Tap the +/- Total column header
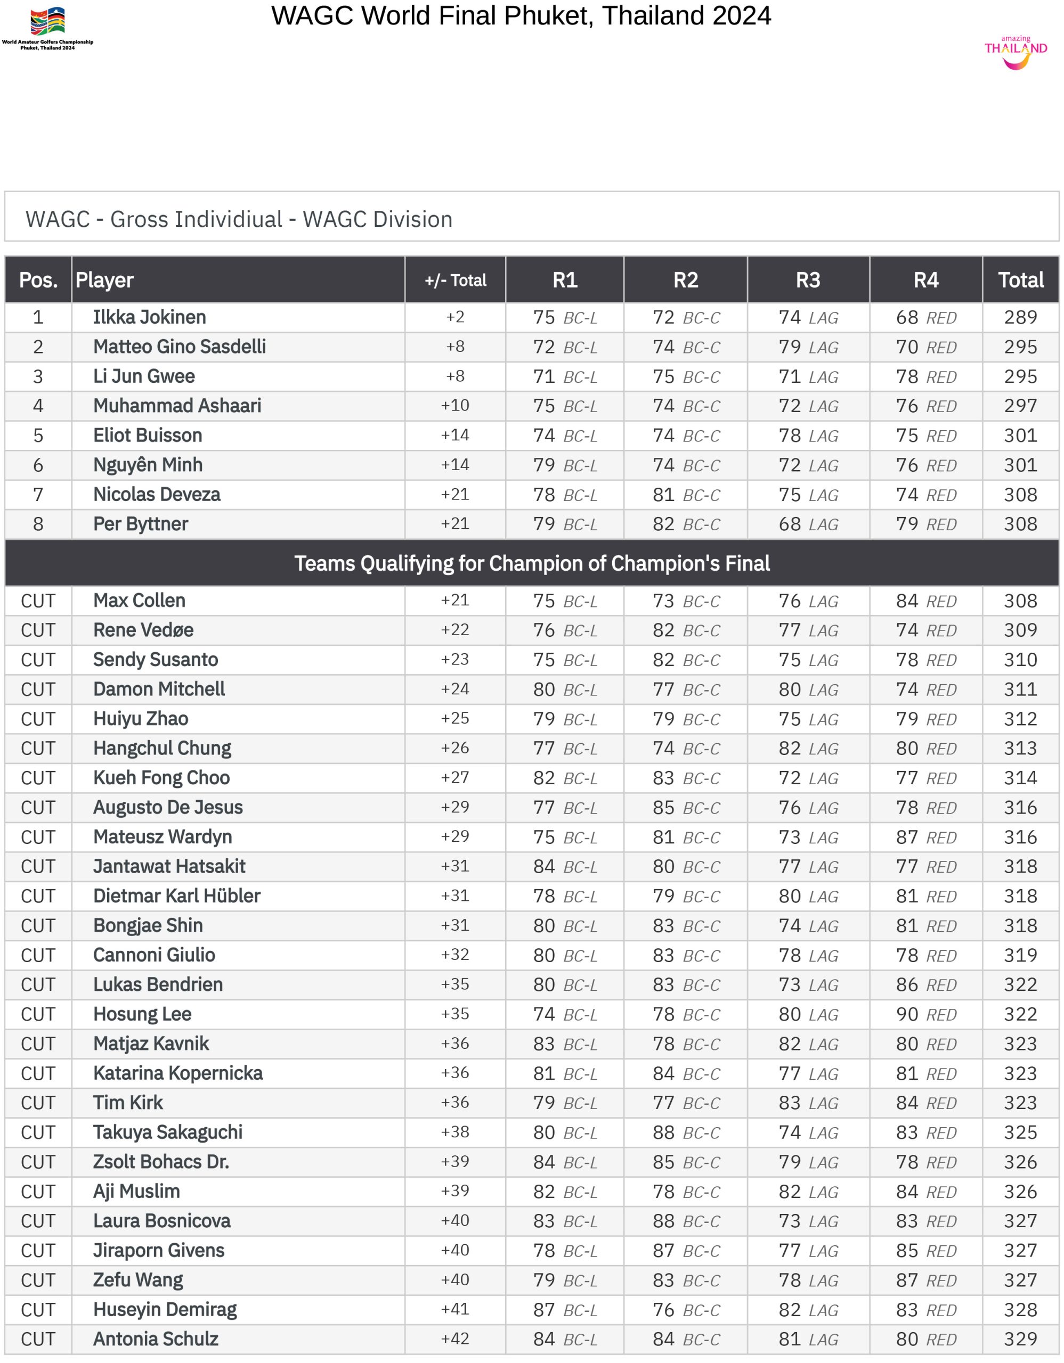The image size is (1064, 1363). click(x=455, y=280)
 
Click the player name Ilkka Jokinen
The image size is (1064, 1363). click(x=149, y=317)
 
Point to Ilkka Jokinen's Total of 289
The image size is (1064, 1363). click(x=1020, y=317)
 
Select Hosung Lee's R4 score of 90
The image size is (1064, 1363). click(x=907, y=1014)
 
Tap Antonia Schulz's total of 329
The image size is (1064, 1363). click(x=1020, y=1339)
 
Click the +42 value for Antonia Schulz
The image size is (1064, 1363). click(x=455, y=1339)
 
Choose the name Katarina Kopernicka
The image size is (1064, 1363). click(x=178, y=1073)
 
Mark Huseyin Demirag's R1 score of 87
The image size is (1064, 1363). click(x=544, y=1309)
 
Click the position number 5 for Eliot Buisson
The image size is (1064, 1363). click(x=38, y=436)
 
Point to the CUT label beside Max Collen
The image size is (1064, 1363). click(x=38, y=601)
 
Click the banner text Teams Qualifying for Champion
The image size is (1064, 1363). click(x=531, y=563)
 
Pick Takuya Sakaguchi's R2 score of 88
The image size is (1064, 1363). click(x=663, y=1132)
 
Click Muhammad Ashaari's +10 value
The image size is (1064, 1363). click(x=455, y=406)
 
